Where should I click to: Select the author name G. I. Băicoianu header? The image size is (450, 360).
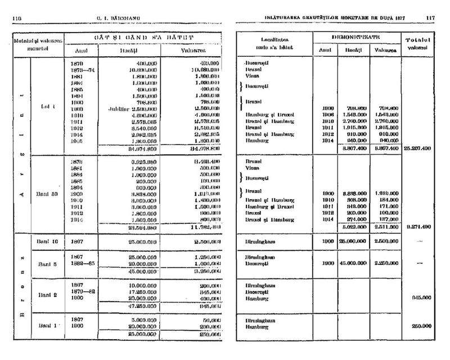tap(117, 17)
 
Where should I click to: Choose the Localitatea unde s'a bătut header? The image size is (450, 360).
tap(274, 44)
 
